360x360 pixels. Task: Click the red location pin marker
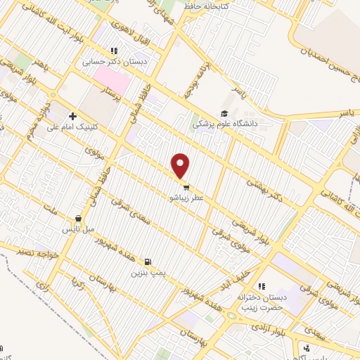[x=181, y=166]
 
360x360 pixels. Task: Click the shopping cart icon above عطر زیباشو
[x=186, y=187]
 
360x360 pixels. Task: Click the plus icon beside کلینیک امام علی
[x=72, y=116]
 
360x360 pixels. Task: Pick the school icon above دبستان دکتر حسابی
[x=113, y=51]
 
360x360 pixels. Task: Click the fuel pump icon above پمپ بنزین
[x=147, y=261]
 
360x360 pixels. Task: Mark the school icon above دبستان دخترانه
[x=262, y=286]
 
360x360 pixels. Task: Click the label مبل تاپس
[x=78, y=229]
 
